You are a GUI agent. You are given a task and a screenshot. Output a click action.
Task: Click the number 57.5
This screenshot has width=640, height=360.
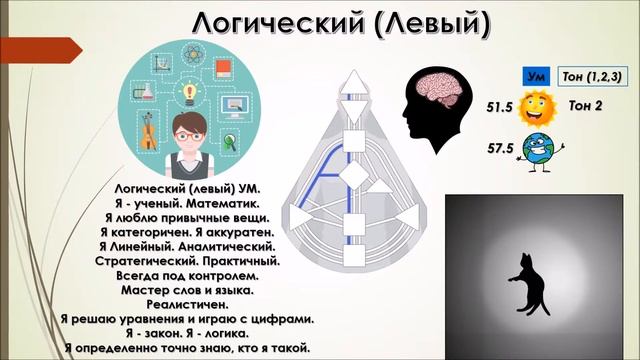point(499,148)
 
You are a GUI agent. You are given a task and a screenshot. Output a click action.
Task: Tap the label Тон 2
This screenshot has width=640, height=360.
point(590,106)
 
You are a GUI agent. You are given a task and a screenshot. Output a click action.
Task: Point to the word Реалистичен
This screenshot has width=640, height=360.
point(187,305)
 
